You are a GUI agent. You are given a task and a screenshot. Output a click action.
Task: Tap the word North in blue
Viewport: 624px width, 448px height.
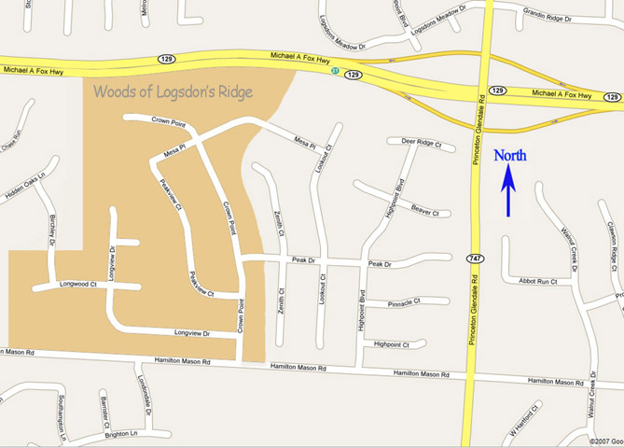[x=510, y=157]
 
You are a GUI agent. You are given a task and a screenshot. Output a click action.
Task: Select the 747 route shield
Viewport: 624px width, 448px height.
[x=476, y=258]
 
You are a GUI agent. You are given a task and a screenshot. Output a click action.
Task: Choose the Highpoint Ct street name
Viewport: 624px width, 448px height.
[x=392, y=344]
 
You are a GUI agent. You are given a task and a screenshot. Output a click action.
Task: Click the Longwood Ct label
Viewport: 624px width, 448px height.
[x=78, y=283]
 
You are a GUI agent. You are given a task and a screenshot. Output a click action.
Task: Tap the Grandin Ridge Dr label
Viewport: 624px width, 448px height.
[x=547, y=17]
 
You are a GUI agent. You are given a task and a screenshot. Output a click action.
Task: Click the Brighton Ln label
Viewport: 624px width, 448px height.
[x=121, y=433]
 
